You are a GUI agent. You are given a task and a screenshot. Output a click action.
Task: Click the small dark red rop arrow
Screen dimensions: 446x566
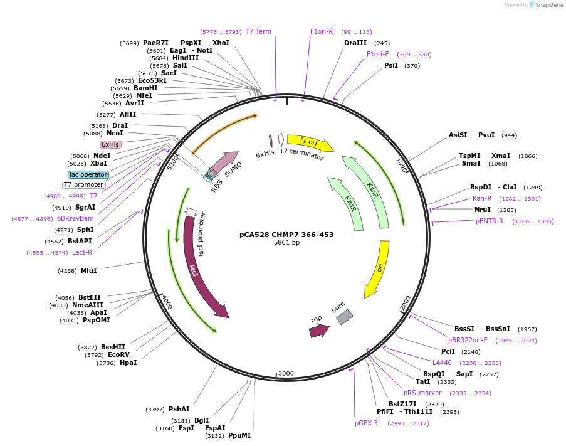pyautogui.click(x=318, y=331)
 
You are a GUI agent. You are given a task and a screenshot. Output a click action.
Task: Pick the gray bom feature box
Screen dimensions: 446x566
pyautogui.click(x=344, y=317)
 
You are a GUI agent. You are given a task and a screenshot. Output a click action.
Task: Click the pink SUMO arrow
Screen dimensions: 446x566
pyautogui.click(x=224, y=161)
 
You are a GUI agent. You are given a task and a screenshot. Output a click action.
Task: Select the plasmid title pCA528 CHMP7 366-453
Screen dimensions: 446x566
pyautogui.click(x=286, y=235)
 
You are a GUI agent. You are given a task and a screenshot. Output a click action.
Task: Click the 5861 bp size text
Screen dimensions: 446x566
pyautogui.click(x=286, y=243)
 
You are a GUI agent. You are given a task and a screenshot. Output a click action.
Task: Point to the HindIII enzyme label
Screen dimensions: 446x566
pyautogui.click(x=186, y=58)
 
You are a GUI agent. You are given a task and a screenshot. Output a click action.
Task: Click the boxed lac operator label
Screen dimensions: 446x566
pyautogui.click(x=88, y=174)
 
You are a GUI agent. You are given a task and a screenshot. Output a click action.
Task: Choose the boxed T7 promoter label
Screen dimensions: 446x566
pyautogui.click(x=83, y=184)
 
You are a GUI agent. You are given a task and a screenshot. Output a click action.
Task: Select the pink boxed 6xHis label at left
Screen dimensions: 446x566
pyautogui.click(x=110, y=144)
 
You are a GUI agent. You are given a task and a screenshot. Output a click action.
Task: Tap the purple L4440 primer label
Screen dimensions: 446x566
pyautogui.click(x=442, y=363)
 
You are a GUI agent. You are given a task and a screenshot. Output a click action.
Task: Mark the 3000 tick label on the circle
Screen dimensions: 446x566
pyautogui.click(x=286, y=373)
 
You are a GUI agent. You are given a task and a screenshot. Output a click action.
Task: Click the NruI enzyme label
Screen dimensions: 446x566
pyautogui.click(x=483, y=210)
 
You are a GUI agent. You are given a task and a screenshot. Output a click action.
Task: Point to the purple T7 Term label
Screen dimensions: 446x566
pyautogui.click(x=258, y=31)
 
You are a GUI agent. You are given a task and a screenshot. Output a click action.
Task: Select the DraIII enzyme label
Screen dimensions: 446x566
pyautogui.click(x=355, y=43)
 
